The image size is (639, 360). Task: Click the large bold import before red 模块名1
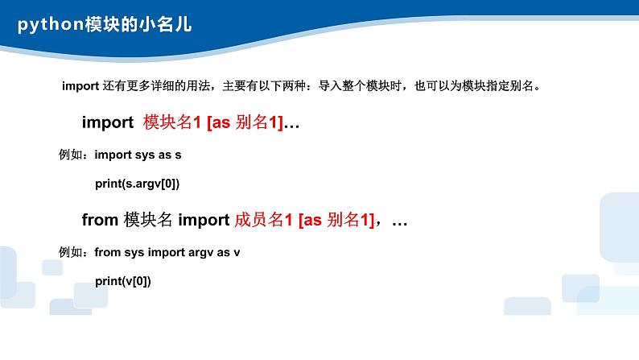pos(107,122)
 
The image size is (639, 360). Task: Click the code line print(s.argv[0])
pos(137,184)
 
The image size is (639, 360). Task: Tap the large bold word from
pos(100,219)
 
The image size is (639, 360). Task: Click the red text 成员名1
pos(262,219)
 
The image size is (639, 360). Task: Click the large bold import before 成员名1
pos(203,219)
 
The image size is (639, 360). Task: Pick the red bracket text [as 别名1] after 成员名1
pos(336,219)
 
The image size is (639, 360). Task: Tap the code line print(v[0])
pos(123,281)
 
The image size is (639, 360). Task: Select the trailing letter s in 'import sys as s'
pos(190,153)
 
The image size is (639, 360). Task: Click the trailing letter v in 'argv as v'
pos(237,252)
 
